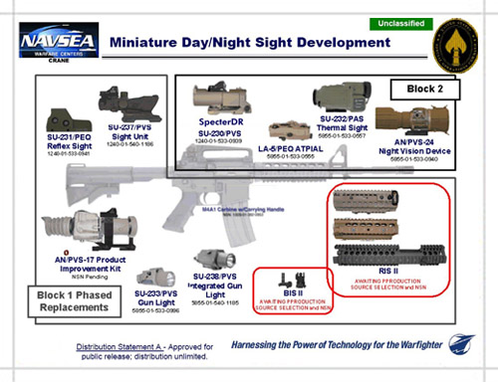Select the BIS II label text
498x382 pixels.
tap(289, 294)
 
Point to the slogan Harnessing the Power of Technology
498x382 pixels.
tap(330, 345)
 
